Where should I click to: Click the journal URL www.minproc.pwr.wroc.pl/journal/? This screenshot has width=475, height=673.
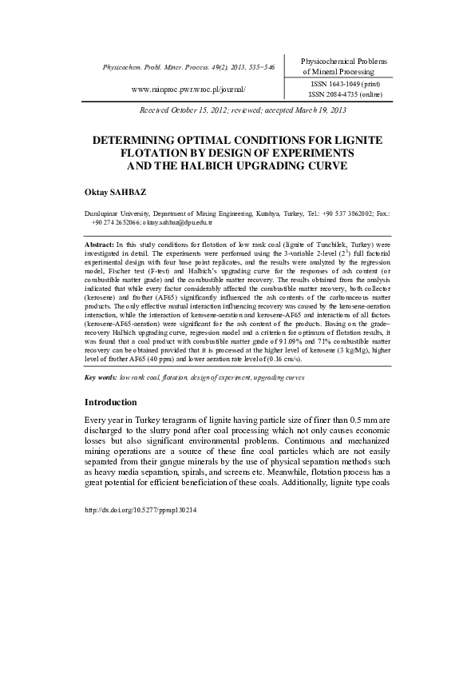coord(188,90)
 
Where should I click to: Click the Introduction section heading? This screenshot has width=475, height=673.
coord(111,401)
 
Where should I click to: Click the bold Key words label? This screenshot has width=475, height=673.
coord(101,376)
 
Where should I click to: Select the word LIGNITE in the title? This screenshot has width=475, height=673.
coord(358,140)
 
